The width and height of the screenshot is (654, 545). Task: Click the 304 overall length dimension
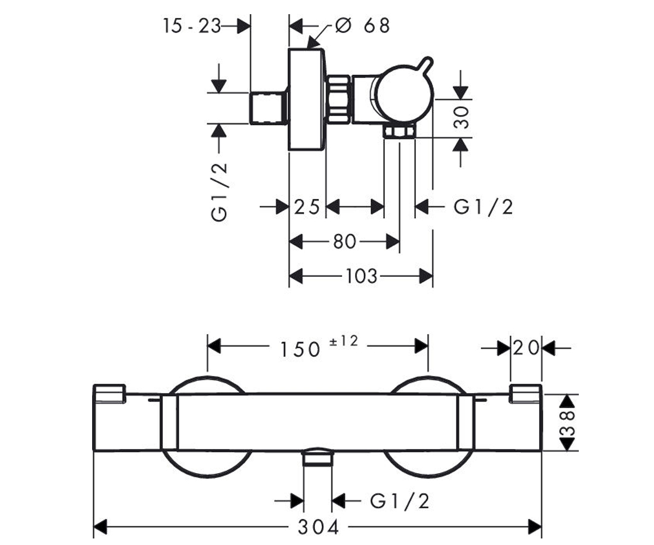[318, 528]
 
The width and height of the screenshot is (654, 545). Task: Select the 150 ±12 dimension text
[318, 346]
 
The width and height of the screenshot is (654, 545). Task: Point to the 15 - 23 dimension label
[192, 26]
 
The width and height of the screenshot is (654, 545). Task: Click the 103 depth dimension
[361, 276]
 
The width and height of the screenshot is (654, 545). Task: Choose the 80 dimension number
[344, 241]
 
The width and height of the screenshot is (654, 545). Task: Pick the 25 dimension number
[307, 207]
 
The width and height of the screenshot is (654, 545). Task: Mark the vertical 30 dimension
[461, 118]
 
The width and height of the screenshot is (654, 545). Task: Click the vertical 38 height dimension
[567, 422]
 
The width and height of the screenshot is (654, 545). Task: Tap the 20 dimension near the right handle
[526, 348]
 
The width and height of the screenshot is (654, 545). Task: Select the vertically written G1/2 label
[219, 192]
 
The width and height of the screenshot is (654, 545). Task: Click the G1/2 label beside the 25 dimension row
[483, 207]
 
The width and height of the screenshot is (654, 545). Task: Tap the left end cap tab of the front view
[110, 393]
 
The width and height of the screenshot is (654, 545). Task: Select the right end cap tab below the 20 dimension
[526, 393]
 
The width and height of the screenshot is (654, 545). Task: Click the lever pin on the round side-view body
[427, 64]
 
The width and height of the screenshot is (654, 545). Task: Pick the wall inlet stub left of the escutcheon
[269, 108]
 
